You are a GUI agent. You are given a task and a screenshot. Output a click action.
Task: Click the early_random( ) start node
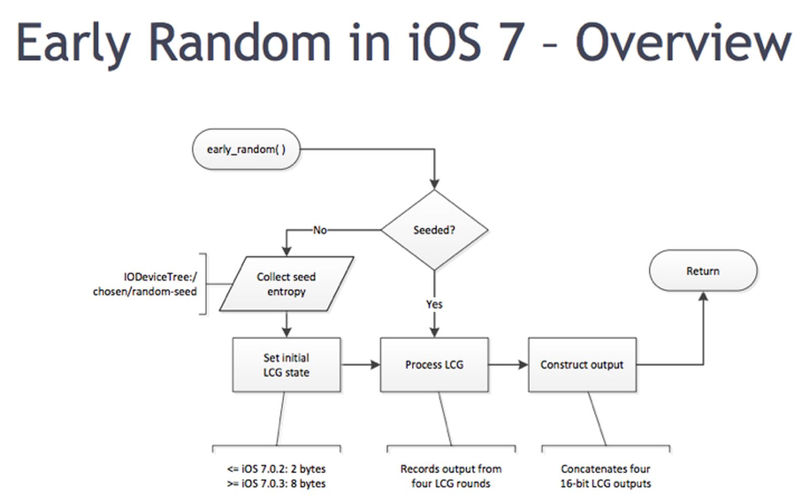click(246, 149)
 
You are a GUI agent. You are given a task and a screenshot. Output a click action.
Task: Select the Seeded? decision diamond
click(434, 230)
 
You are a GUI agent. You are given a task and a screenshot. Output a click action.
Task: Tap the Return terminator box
click(703, 271)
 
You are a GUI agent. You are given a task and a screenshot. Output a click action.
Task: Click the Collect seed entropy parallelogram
click(286, 284)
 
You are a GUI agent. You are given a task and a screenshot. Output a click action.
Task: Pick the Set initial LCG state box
click(286, 365)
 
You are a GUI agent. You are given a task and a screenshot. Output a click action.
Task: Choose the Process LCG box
click(434, 365)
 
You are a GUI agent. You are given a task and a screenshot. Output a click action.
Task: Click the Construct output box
click(582, 365)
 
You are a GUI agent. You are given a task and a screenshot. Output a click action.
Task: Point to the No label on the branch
click(319, 230)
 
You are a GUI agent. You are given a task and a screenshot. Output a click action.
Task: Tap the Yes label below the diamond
click(434, 304)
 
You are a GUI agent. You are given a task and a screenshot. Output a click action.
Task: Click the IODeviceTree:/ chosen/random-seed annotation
click(145, 284)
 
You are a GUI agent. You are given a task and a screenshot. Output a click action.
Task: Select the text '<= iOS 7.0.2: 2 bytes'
click(276, 469)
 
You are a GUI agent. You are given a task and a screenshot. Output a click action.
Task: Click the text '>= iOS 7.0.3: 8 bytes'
click(276, 484)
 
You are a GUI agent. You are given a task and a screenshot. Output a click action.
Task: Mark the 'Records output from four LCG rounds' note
click(451, 476)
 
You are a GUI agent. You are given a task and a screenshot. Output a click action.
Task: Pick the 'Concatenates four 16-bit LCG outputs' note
click(605, 476)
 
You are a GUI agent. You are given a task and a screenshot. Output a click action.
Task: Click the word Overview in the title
click(683, 43)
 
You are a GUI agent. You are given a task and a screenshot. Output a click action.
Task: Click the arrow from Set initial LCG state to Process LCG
click(360, 365)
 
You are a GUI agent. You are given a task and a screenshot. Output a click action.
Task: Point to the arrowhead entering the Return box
click(703, 296)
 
